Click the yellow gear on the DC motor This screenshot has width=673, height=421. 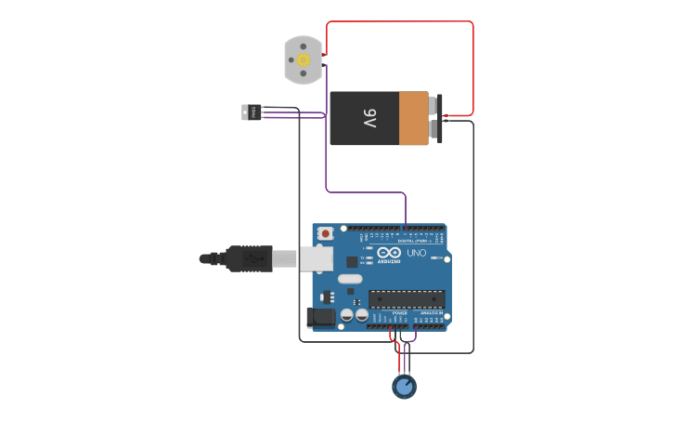303,59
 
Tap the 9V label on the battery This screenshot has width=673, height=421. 369,119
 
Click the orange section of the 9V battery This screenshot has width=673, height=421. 414,118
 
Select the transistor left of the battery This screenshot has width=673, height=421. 251,112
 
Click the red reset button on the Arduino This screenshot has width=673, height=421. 325,233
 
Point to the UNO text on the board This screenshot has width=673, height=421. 417,253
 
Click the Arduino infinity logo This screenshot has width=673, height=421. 390,253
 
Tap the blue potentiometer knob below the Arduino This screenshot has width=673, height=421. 404,386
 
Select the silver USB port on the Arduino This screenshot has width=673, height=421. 316,258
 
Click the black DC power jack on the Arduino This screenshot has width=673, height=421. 321,317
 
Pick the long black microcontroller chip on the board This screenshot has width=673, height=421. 406,298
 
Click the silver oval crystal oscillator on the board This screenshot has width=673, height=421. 350,279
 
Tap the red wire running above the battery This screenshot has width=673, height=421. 399,22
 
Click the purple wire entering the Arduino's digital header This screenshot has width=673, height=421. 406,209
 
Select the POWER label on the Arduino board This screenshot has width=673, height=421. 399,314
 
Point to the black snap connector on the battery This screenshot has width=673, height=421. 437,118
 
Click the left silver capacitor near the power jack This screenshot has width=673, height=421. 346,315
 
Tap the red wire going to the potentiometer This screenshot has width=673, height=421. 399,353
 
